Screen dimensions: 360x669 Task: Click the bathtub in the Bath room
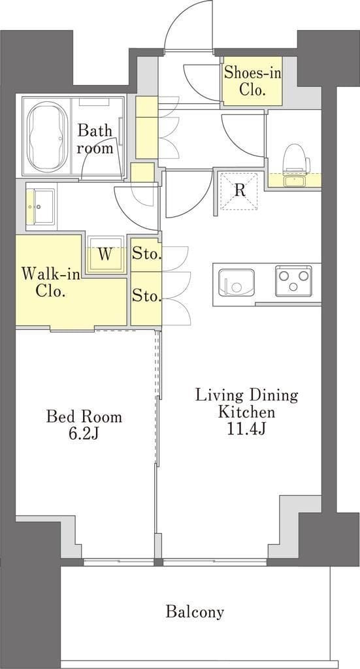tap(47, 136)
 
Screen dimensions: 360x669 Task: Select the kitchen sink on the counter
tap(236, 282)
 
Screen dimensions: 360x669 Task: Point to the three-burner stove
tap(293, 281)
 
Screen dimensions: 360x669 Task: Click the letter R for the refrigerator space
tap(240, 190)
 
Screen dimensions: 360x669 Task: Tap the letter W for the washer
tap(105, 254)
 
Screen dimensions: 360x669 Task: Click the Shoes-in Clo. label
tap(252, 81)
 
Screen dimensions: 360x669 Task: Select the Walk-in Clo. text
tap(51, 282)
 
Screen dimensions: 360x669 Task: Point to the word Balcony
tap(195, 612)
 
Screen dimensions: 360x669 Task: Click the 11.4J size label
tap(246, 429)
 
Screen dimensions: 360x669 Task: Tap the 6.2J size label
tap(84, 434)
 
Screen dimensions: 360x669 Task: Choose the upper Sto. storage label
tap(146, 255)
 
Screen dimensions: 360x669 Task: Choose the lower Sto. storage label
tap(146, 295)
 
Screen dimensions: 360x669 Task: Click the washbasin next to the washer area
tap(41, 206)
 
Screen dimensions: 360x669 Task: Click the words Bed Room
tap(84, 416)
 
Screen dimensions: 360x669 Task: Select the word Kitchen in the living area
tap(246, 412)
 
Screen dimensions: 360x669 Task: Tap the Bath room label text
tap(95, 139)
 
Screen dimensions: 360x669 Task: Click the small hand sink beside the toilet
tap(294, 182)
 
